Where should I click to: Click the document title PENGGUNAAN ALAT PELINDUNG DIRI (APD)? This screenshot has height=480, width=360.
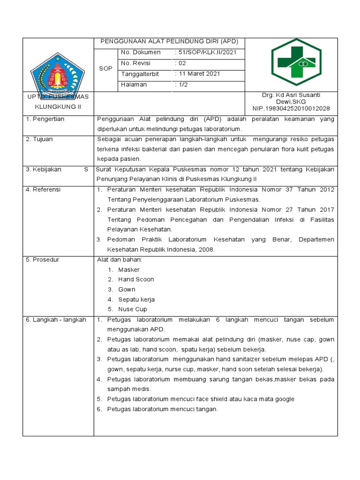(169, 42)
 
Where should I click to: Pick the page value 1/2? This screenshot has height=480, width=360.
(181, 84)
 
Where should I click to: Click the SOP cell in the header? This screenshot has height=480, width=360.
(105, 68)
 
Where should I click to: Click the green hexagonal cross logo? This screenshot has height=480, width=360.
(296, 62)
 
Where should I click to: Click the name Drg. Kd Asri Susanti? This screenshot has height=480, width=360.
(291, 95)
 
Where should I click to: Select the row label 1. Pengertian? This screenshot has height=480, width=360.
(45, 119)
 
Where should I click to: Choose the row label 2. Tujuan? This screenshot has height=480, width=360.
(39, 139)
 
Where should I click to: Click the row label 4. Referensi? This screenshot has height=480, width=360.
(43, 189)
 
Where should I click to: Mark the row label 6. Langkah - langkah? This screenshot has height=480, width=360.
(56, 320)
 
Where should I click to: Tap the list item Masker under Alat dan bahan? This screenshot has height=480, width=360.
(128, 270)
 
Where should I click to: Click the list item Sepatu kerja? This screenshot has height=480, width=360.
(136, 299)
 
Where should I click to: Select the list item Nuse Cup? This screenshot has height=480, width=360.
(132, 309)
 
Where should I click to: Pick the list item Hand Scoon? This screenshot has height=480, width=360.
(135, 279)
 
